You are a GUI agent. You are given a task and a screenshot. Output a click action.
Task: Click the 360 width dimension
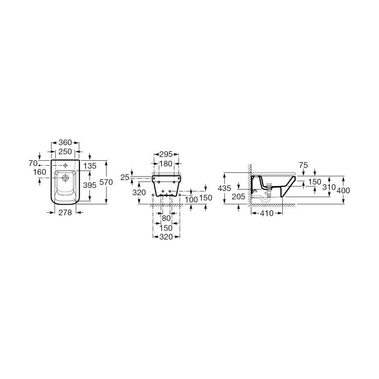[x=65, y=143]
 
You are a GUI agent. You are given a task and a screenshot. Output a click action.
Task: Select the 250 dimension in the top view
[x=65, y=152]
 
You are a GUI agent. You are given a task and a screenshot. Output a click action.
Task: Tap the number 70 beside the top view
[x=33, y=163]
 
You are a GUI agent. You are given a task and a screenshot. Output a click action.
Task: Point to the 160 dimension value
[x=40, y=172]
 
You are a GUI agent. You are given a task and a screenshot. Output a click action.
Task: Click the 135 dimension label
[x=90, y=166]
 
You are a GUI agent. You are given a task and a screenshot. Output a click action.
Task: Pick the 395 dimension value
[x=90, y=185]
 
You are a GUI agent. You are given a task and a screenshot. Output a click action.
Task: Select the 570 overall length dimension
[x=106, y=182]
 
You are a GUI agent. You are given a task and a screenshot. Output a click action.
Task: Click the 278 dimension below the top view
[x=65, y=213]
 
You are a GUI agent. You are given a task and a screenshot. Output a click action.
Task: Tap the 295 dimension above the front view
[x=166, y=154]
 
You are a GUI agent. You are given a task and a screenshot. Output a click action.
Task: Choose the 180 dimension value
[x=166, y=164]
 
